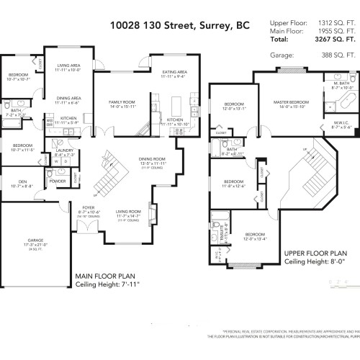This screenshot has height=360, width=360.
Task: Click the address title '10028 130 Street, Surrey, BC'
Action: [180, 26]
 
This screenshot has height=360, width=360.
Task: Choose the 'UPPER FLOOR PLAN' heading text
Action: [315, 254]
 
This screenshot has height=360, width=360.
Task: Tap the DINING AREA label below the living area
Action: [68, 99]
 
